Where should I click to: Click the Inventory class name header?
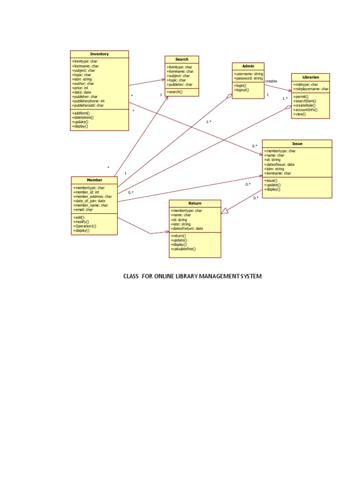tap(99, 54)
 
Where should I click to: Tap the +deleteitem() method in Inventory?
tap(83, 118)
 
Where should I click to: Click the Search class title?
tap(182, 60)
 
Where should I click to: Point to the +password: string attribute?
tap(248, 78)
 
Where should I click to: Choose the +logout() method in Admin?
tap(241, 90)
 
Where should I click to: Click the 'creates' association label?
tap(271, 82)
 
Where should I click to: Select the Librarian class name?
tap(310, 77)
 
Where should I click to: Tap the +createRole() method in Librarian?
tap(304, 105)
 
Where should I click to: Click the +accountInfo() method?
tap(305, 110)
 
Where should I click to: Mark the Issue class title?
tap(297, 143)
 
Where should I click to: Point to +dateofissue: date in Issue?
tap(279, 165)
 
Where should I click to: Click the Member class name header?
tap(94, 180)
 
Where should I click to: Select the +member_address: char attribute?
tap(92, 196)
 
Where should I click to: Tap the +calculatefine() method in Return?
tap(183, 249)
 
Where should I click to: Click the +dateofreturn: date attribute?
tap(187, 229)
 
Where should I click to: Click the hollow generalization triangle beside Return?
tap(225, 211)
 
